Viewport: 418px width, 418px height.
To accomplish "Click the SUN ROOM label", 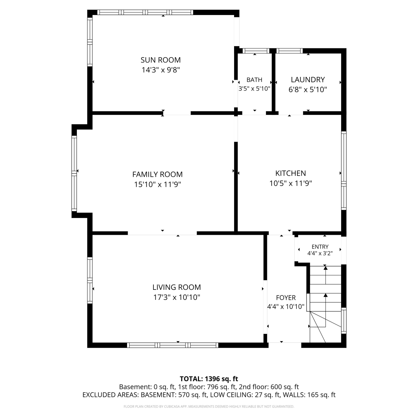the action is (161, 60).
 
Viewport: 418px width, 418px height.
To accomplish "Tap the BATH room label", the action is (254, 80).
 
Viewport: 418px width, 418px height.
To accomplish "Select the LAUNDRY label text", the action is (308, 80).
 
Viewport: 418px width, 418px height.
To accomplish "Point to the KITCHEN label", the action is (291, 173).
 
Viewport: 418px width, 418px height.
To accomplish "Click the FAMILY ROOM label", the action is (157, 174).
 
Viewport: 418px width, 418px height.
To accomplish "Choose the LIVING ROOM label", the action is (177, 287).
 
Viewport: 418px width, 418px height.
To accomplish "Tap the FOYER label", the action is (286, 298).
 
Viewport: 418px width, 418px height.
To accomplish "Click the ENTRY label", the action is (320, 247).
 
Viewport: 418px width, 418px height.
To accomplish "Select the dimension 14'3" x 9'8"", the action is (161, 70).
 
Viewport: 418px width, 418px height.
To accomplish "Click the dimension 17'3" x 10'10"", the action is (177, 297).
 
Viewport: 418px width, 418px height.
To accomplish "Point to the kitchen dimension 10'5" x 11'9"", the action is (291, 183).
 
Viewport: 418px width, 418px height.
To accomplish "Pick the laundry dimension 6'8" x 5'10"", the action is (308, 90).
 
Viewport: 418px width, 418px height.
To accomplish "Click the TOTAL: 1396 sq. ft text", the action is (209, 379).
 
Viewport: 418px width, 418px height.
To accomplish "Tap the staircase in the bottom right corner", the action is (325, 304).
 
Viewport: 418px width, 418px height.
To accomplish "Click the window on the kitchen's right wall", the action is (344, 171).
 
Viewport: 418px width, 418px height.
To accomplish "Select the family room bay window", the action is (74, 173).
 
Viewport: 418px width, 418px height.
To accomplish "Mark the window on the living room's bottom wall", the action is (173, 345).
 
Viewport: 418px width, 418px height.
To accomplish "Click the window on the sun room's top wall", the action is (145, 12).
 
